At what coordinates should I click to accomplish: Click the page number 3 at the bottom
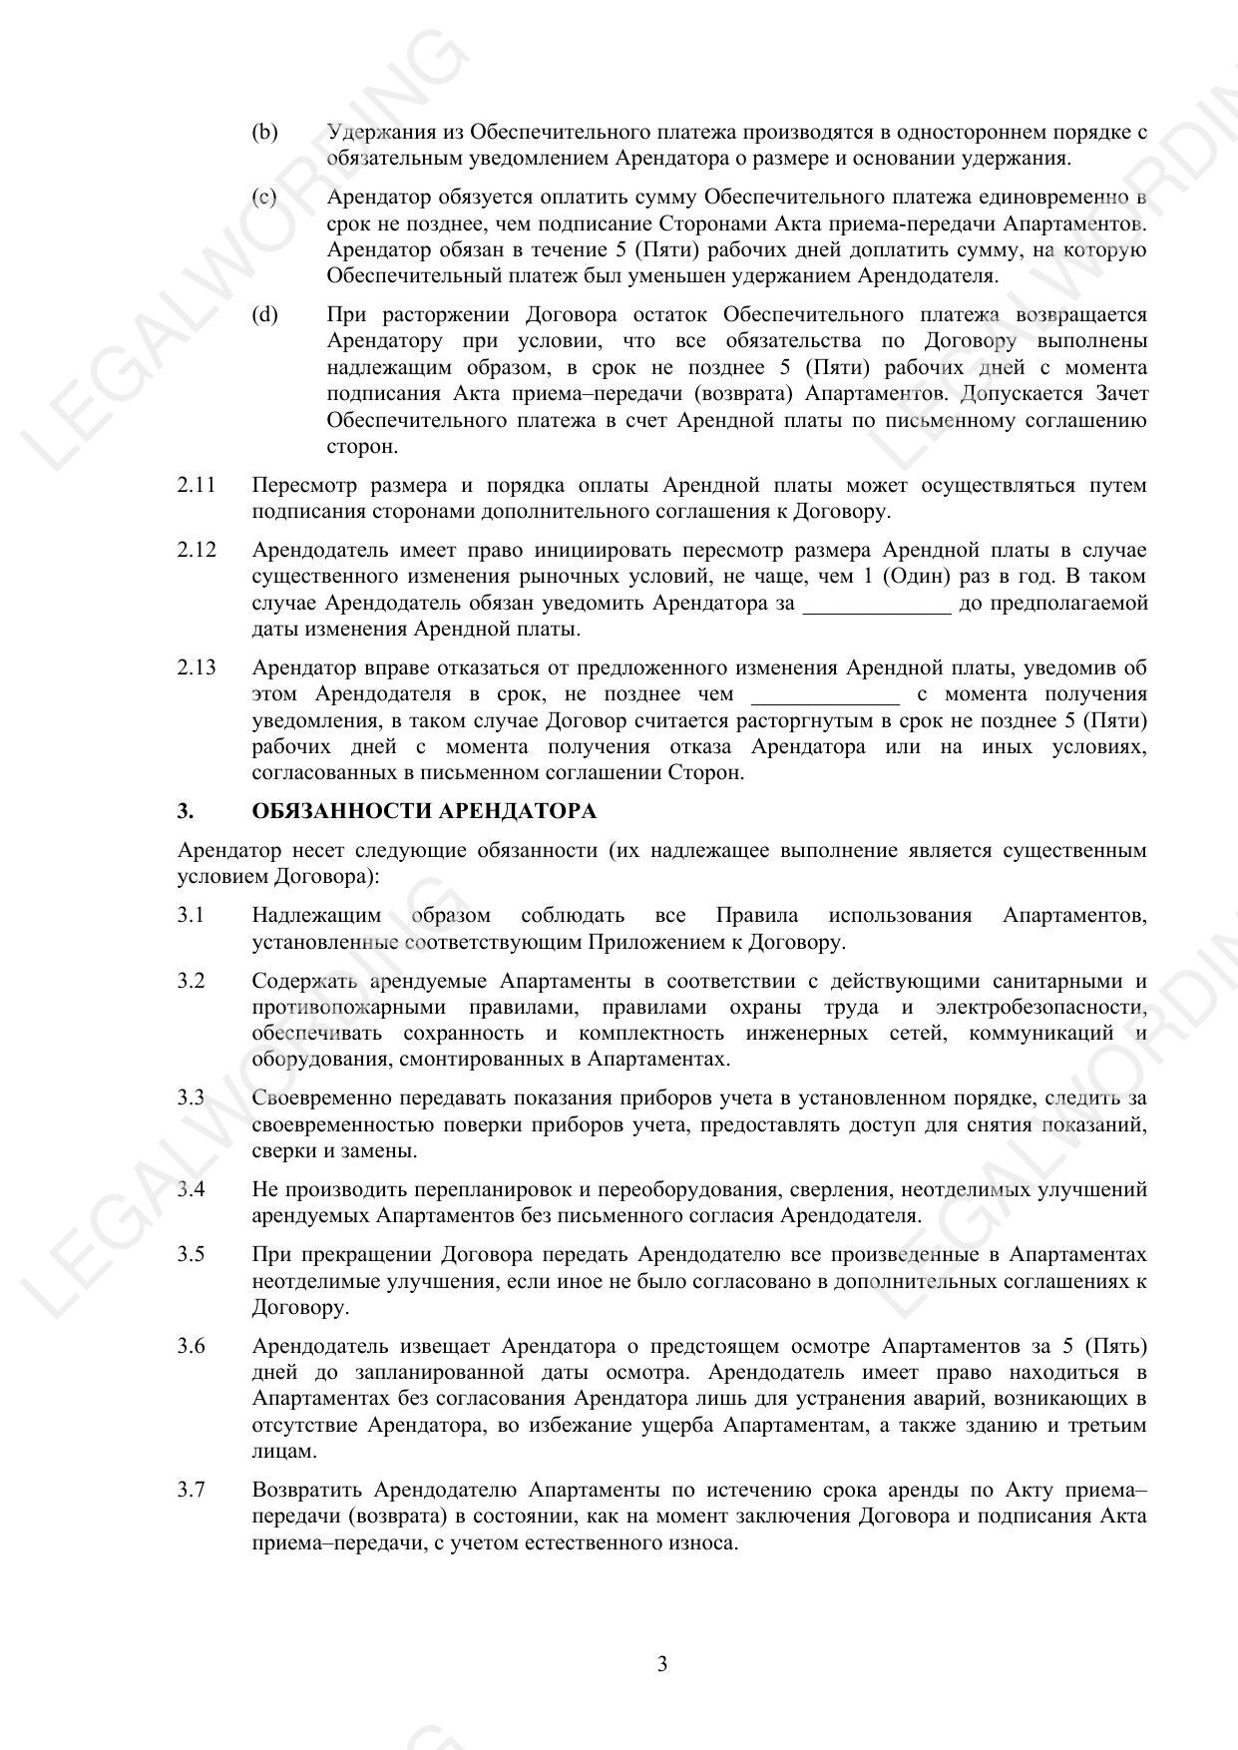coord(662,1664)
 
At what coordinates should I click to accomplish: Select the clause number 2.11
coord(197,486)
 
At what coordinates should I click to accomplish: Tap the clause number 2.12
coord(197,551)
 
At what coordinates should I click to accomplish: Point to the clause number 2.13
coord(197,667)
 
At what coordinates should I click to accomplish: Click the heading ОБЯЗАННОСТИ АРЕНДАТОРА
coord(424,811)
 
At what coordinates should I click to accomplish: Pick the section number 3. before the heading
coord(186,811)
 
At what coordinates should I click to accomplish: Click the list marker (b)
coord(264,132)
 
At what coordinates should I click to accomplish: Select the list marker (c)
coord(264,198)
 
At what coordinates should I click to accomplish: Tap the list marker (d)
coord(264,315)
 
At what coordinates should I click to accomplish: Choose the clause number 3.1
coord(191,915)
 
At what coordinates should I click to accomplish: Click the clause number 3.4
coord(191,1189)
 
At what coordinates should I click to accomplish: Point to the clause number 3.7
coord(191,1490)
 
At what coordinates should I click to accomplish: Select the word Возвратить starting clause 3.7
coord(307,1490)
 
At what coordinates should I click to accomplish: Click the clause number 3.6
coord(191,1346)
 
